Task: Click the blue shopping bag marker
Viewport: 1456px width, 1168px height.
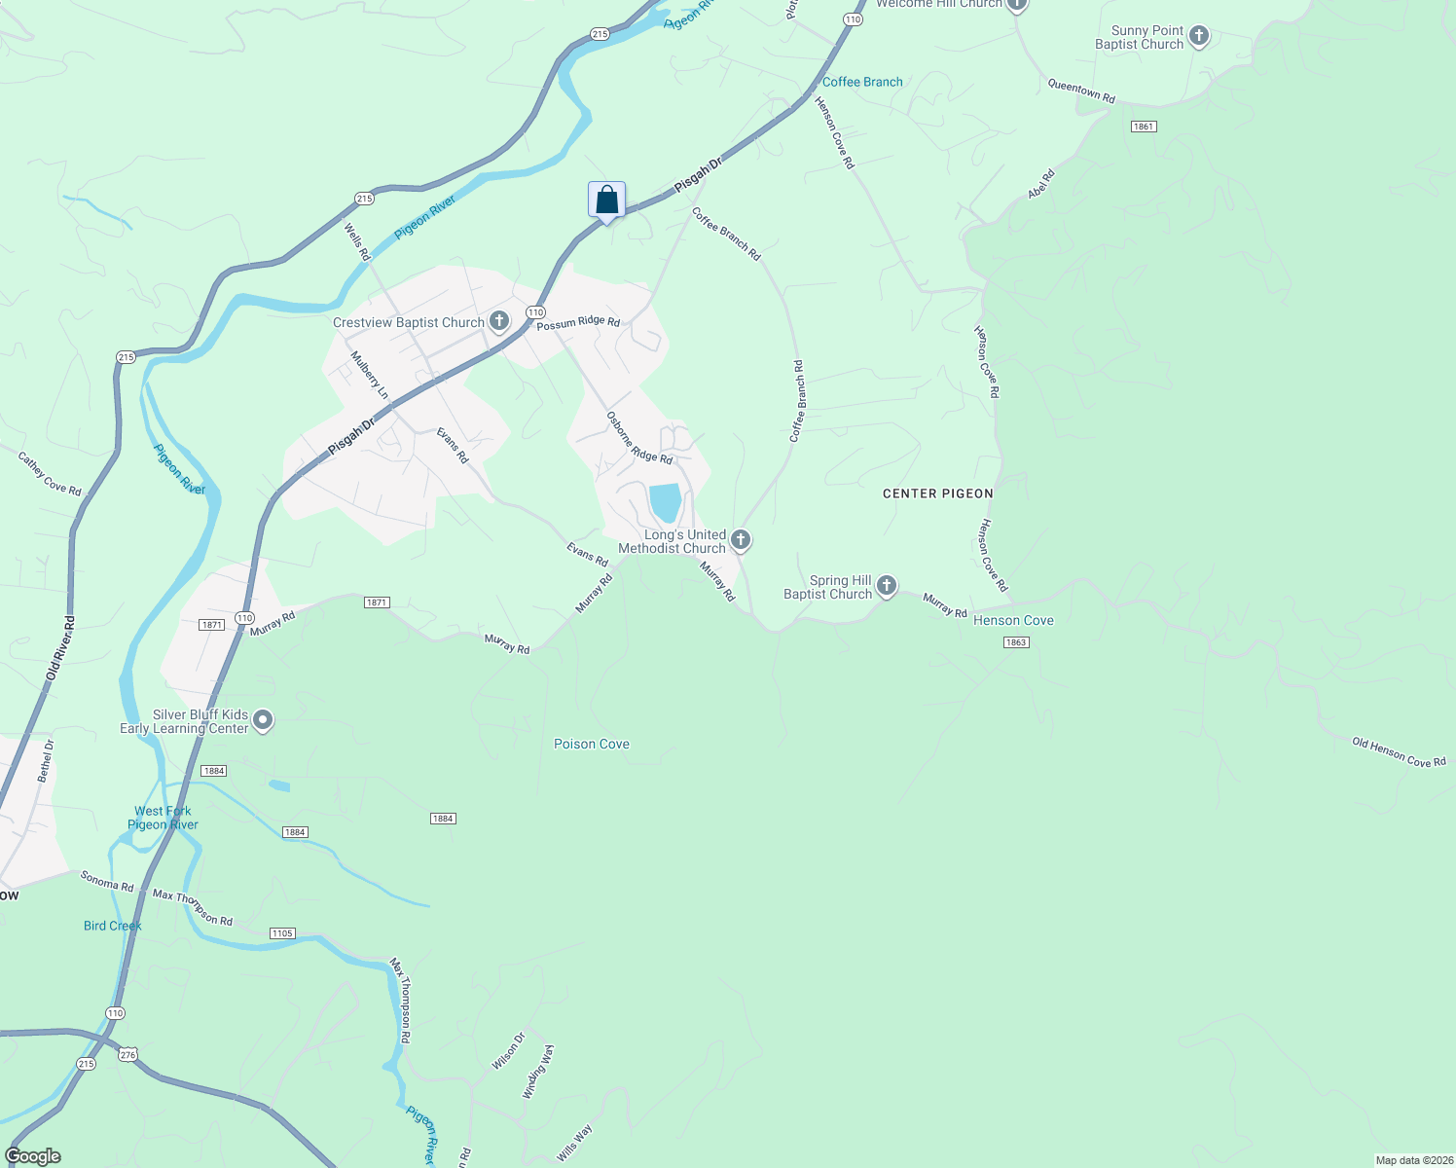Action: [x=606, y=201]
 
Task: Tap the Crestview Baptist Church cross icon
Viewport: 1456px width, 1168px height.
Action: [x=499, y=321]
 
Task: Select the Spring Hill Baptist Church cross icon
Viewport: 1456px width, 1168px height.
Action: [x=887, y=586]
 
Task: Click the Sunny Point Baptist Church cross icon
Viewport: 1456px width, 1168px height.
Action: [x=1199, y=37]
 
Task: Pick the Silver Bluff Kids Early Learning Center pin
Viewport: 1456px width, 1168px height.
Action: [x=263, y=721]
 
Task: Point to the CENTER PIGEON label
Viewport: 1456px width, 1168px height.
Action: [x=937, y=493]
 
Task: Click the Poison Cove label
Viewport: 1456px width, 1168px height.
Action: [x=592, y=745]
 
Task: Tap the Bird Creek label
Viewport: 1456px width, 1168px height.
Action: [x=113, y=926]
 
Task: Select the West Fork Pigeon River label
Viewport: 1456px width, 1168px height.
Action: [x=164, y=818]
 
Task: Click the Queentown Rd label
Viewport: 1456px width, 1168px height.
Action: [x=1081, y=91]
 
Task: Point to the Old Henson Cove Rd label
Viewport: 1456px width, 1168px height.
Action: [x=1399, y=752]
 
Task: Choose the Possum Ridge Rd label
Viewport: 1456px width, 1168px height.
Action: [x=578, y=322]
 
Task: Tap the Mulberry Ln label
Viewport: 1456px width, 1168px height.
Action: [x=370, y=375]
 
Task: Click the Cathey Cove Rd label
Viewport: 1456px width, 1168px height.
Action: [x=50, y=473]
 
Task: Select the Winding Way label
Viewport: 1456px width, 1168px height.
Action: [x=538, y=1072]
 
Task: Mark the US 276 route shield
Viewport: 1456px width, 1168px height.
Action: [x=128, y=1054]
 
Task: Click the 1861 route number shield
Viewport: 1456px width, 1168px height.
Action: [x=1144, y=127]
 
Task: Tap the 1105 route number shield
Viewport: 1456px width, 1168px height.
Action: [x=282, y=933]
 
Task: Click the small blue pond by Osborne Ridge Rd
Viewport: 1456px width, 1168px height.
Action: [x=666, y=502]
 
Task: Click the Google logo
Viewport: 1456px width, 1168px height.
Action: [x=33, y=1155]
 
